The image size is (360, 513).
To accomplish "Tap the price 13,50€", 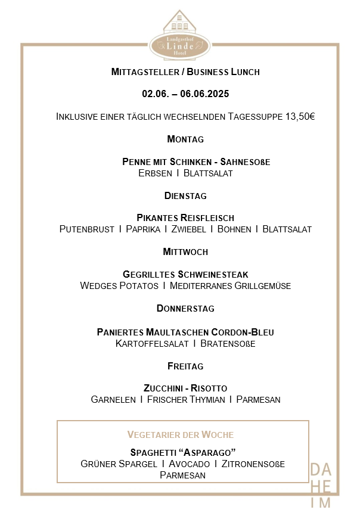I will pyautogui.click(x=300, y=116).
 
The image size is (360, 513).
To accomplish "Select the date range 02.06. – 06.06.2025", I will pyautogui.click(x=185, y=94).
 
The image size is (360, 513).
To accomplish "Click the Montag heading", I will pyautogui.click(x=185, y=139).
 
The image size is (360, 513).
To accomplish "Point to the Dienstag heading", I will pyautogui.click(x=185, y=195).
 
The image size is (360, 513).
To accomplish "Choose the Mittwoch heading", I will pyautogui.click(x=185, y=251).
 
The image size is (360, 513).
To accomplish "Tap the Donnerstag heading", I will pyautogui.click(x=185, y=308).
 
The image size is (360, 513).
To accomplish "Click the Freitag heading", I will pyautogui.click(x=185, y=365).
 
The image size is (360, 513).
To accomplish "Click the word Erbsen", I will pyautogui.click(x=154, y=173).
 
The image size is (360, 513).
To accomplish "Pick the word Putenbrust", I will pyautogui.click(x=86, y=229).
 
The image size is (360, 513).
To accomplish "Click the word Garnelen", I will pyautogui.click(x=113, y=399).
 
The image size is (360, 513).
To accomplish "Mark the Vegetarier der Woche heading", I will pyautogui.click(x=180, y=434).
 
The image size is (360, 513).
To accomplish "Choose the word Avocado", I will pyautogui.click(x=189, y=464).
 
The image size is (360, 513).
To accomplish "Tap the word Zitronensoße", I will pyautogui.click(x=253, y=464).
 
